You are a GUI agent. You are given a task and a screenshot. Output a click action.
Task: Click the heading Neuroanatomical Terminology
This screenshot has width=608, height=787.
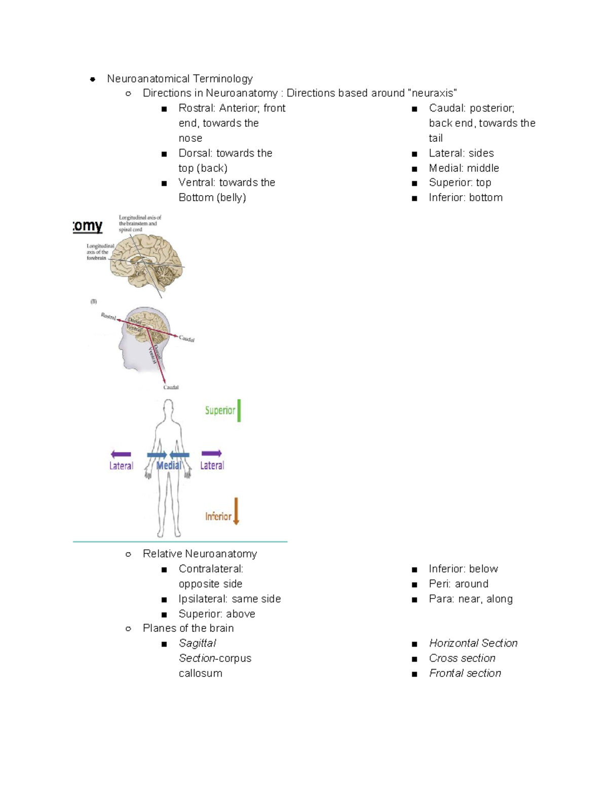click(179, 79)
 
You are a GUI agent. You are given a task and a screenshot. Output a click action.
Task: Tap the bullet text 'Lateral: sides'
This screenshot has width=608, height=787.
click(461, 153)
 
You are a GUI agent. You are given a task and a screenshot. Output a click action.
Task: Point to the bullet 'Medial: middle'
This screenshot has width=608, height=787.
click(464, 168)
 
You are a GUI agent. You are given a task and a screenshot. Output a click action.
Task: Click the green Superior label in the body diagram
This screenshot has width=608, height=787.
click(220, 410)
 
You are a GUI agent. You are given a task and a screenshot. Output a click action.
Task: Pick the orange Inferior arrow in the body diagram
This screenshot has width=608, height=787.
click(236, 511)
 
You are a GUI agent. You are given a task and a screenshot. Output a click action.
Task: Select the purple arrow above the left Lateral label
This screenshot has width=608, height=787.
click(121, 454)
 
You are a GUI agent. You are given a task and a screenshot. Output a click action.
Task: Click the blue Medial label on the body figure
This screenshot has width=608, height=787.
click(169, 465)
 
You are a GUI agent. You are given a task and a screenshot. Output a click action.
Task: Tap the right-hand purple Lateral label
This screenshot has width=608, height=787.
click(212, 465)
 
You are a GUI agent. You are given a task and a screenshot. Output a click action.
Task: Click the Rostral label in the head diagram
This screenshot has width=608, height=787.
click(108, 316)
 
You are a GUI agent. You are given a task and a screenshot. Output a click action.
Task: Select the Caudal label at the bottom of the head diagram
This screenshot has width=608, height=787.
click(171, 387)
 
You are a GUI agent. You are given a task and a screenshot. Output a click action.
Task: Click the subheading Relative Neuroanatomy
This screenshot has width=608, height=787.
click(200, 553)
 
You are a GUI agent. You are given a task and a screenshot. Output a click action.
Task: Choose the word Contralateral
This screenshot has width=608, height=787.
click(211, 569)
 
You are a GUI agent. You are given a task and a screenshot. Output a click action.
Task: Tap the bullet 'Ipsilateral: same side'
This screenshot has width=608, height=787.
click(230, 598)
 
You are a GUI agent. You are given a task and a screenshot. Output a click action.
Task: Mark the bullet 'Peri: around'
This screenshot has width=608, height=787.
click(459, 583)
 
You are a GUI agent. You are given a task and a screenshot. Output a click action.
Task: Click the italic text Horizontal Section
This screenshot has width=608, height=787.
click(473, 643)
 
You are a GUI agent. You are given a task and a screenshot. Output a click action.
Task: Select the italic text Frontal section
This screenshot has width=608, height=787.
click(465, 673)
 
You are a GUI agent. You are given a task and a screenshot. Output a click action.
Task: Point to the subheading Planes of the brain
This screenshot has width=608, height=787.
click(188, 628)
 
